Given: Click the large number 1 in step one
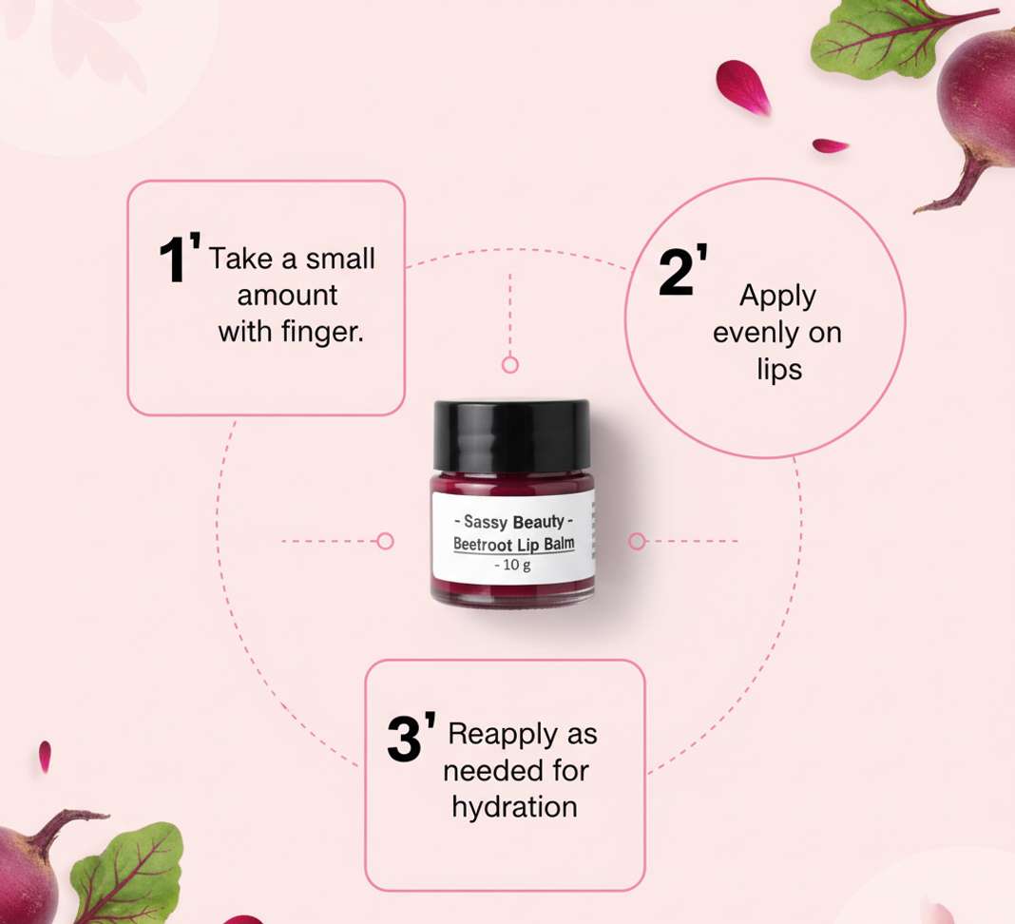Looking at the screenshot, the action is point(173,259).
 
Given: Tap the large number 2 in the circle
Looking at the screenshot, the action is point(676,272).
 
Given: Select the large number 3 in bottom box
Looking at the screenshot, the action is point(405,739).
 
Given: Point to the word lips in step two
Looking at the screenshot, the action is point(779,370).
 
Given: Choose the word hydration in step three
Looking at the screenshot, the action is point(514,807).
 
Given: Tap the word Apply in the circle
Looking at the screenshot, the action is point(777,297).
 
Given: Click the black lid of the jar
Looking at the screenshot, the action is point(511,435).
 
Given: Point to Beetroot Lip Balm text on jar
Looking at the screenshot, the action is point(514,544).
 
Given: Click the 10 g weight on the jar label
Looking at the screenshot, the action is point(512,566).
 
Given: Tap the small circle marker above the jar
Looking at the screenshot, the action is point(510,365).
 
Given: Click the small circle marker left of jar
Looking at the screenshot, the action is point(385,541).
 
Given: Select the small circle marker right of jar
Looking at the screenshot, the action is point(637,541).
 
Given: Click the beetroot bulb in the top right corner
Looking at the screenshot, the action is point(977,97).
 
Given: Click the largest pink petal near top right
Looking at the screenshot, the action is point(742,87).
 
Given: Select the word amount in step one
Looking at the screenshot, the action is point(287,296).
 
